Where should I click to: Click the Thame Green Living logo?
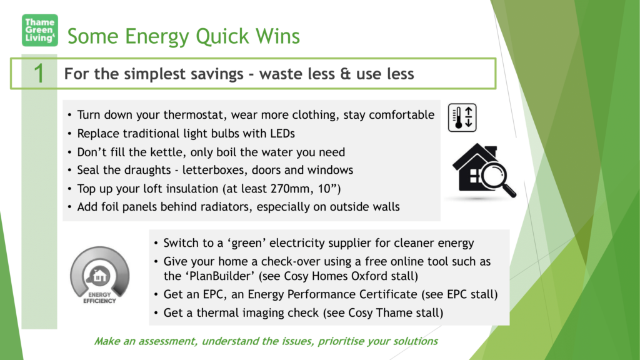(39, 30)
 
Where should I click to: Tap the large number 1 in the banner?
(39, 74)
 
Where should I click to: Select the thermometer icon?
(462, 117)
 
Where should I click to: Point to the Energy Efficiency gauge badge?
(99, 275)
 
